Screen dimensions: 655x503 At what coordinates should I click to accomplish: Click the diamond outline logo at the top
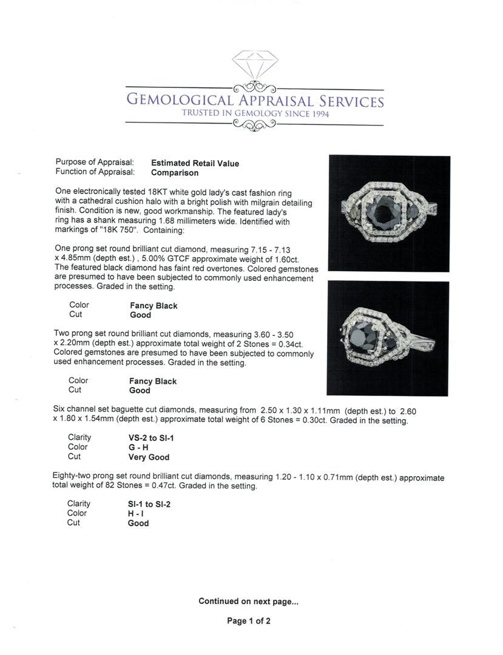(x=255, y=65)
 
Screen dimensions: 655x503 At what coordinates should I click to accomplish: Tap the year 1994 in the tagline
(x=317, y=113)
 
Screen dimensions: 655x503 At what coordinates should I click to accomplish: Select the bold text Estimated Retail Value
(x=195, y=163)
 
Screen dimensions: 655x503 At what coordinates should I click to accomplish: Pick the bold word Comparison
(x=175, y=172)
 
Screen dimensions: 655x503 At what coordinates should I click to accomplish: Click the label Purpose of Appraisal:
(x=95, y=163)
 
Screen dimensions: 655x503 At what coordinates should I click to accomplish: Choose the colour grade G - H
(x=139, y=448)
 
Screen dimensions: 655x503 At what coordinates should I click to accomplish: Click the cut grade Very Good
(x=149, y=457)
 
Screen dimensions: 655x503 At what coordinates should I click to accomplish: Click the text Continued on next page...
(x=248, y=602)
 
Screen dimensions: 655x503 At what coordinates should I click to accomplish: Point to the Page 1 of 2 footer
(x=249, y=621)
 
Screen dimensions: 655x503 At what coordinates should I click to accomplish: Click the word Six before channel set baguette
(x=59, y=410)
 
